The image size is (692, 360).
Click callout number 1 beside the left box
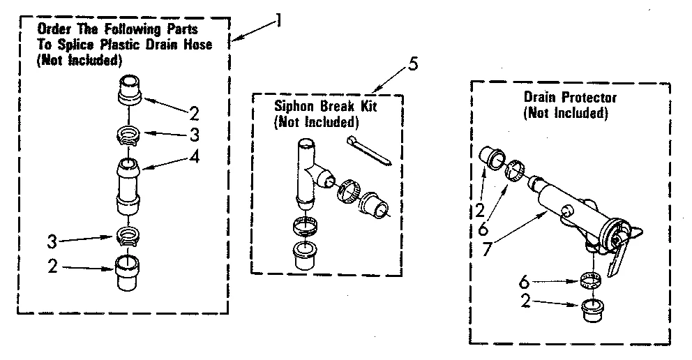click(x=279, y=20)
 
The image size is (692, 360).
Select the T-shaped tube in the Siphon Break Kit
click(x=308, y=171)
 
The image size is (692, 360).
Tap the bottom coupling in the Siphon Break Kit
click(x=305, y=255)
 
